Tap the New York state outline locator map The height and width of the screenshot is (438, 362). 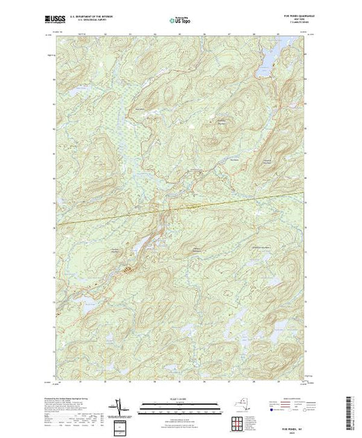(240, 405)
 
